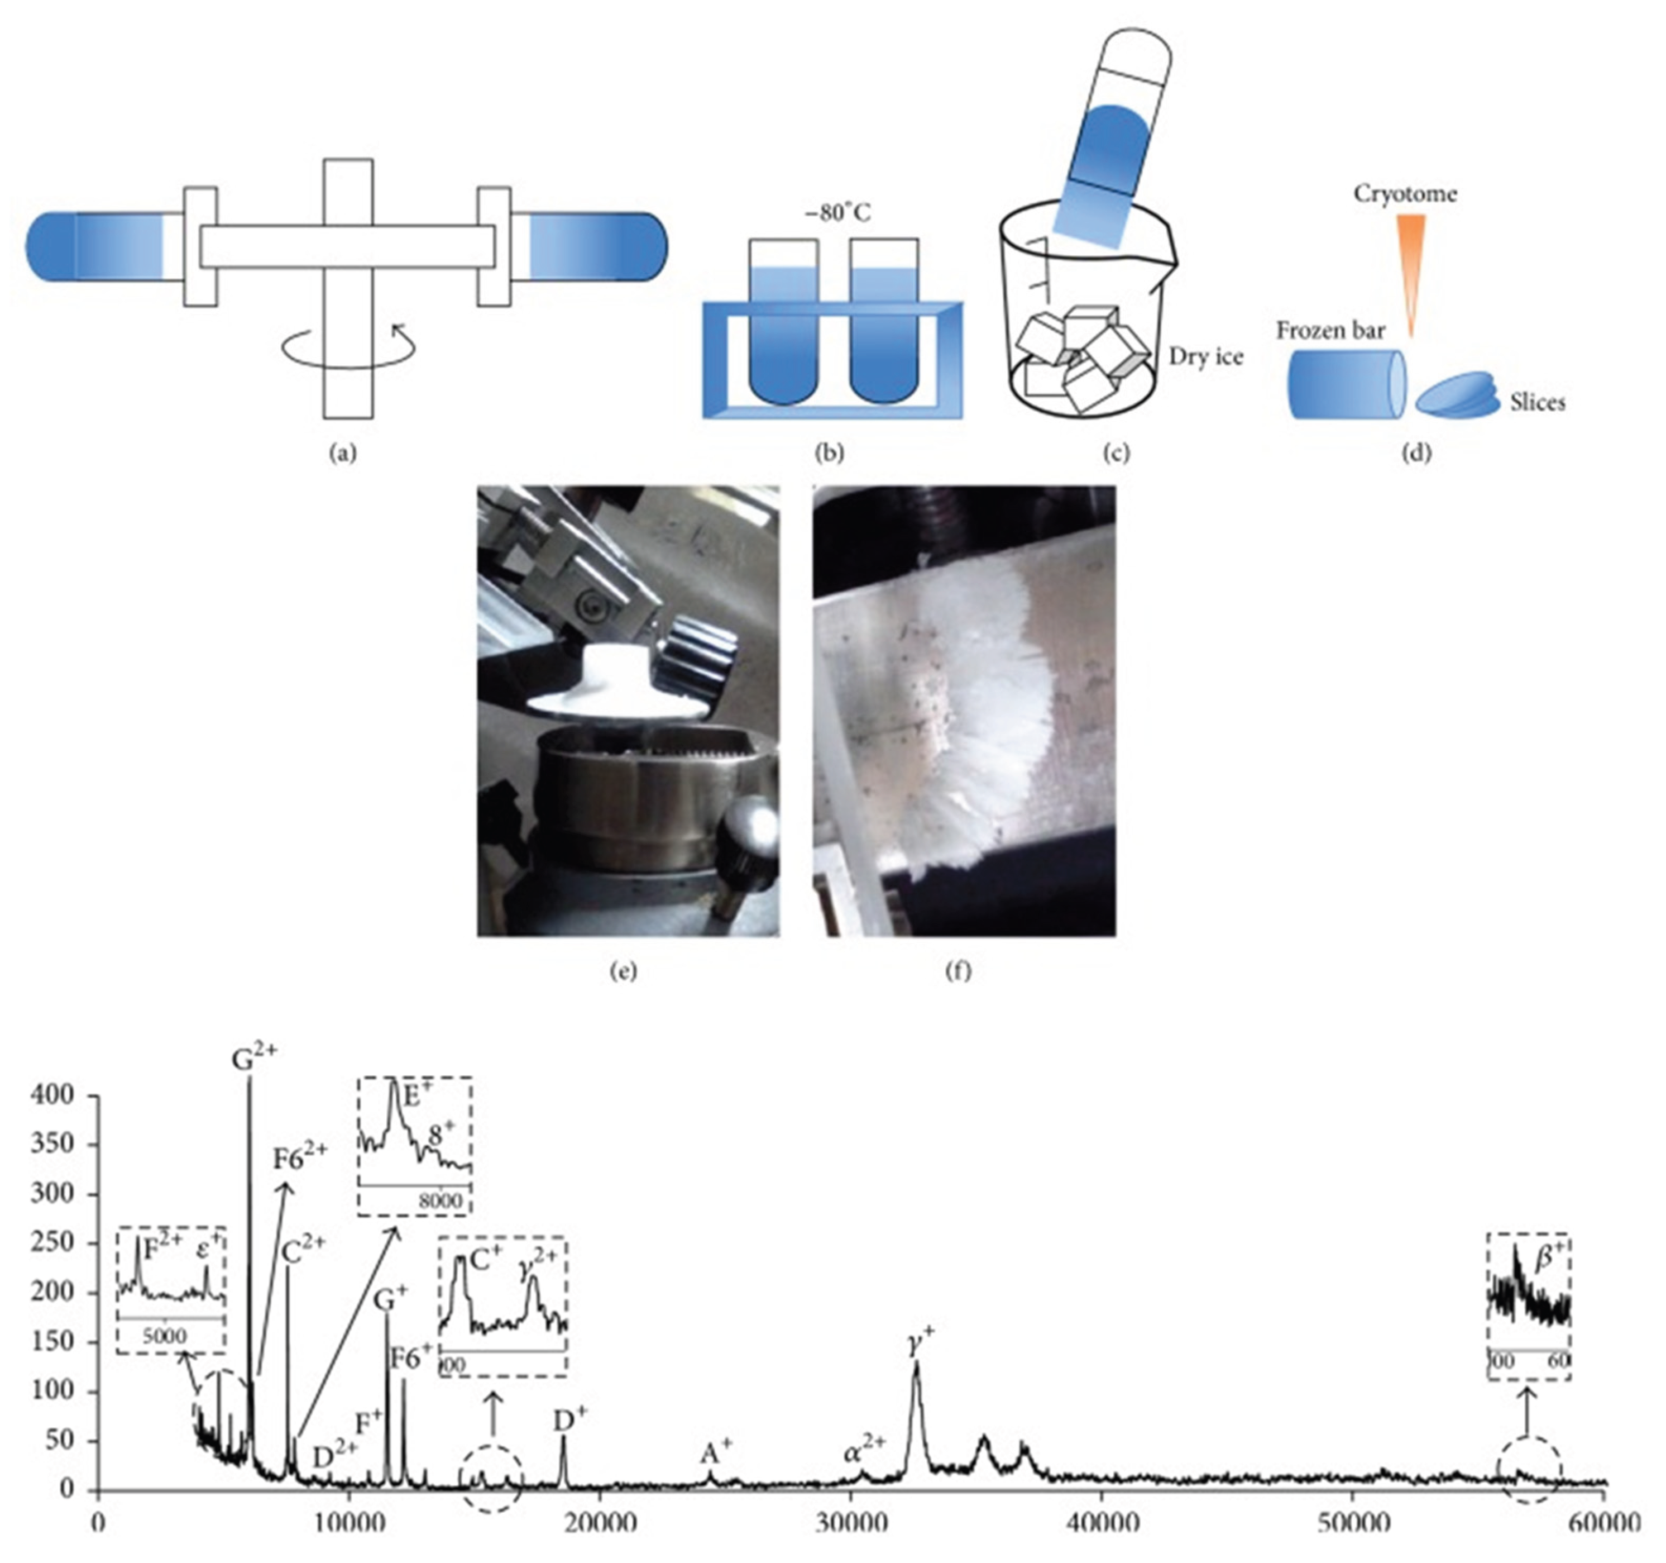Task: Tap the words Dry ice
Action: pos(1206,357)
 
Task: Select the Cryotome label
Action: pos(1405,194)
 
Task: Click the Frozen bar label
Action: pos(1331,330)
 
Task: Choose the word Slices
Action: pos(1538,403)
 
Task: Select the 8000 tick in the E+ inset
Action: pos(441,1201)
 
